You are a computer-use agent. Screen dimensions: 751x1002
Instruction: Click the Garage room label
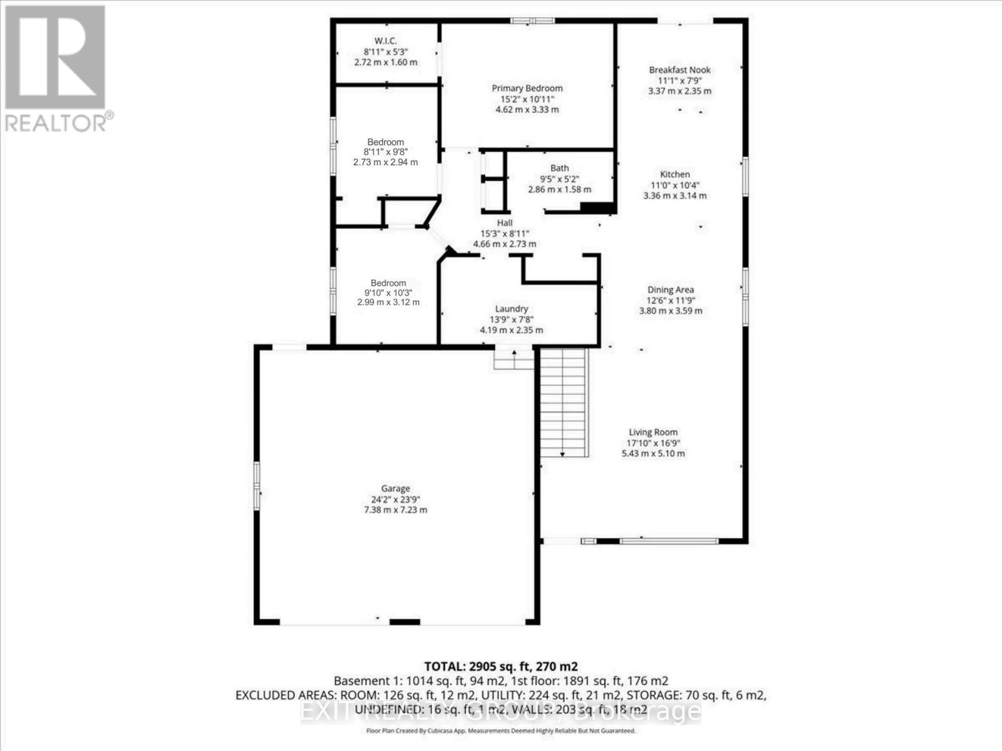tap(395, 489)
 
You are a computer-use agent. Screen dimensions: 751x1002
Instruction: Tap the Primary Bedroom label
tap(527, 88)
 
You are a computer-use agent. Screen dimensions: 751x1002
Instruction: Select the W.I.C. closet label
tap(385, 41)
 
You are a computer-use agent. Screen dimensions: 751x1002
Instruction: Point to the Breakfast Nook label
tap(679, 70)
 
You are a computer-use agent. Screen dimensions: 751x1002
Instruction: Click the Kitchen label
tap(674, 175)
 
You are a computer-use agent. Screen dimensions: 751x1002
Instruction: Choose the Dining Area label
tap(670, 290)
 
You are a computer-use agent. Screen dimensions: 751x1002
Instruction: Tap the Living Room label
tap(653, 432)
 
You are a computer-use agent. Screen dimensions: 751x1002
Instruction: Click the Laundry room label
tap(511, 309)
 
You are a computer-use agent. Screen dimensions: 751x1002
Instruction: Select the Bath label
tap(559, 168)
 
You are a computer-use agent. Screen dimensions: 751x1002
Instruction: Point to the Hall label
tap(505, 223)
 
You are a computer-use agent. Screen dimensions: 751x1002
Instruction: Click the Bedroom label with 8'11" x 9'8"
tap(385, 142)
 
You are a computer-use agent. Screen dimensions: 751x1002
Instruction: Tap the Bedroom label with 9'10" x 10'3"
tap(388, 283)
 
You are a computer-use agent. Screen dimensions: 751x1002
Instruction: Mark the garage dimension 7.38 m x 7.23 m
tap(395, 510)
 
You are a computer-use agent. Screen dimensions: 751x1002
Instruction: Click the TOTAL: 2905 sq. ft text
tap(500, 666)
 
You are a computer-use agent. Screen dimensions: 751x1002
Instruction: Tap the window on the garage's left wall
tap(257, 485)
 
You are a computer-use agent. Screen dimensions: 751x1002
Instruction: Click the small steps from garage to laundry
tap(514, 359)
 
